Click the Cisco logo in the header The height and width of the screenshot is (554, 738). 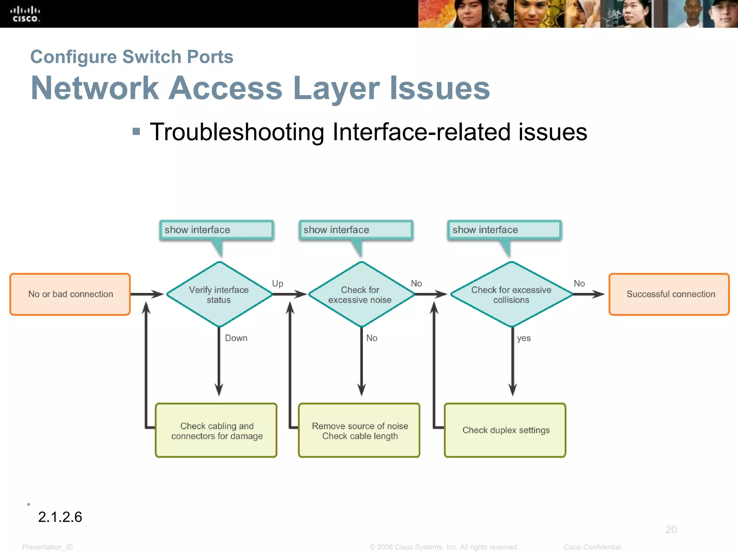[25, 14]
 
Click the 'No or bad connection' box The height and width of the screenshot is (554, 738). [70, 294]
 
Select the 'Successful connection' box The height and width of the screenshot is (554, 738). [669, 294]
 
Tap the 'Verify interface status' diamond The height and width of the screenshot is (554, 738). [219, 295]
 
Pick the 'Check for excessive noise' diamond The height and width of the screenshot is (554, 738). [360, 295]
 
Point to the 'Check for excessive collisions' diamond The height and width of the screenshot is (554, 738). [511, 295]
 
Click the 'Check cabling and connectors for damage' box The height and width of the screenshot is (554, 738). [216, 431]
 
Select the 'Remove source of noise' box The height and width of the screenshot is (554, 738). [359, 431]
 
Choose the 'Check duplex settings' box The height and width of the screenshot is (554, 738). [505, 430]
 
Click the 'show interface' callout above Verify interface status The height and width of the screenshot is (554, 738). [216, 230]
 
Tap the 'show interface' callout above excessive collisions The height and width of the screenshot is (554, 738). [504, 230]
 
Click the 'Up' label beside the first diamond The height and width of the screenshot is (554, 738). [277, 283]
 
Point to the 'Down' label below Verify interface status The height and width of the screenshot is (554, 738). [236, 338]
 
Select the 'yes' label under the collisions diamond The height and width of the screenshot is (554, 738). [524, 338]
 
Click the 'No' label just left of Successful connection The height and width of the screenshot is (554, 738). [579, 283]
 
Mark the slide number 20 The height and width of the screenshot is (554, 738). [671, 529]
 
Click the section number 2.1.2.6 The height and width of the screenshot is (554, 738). [60, 517]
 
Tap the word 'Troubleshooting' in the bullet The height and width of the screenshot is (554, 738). [237, 132]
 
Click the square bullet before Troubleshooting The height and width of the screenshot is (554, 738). [136, 131]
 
